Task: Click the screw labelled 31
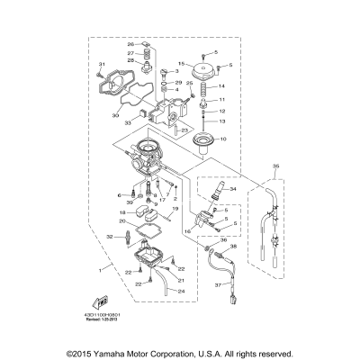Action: pos(102,75)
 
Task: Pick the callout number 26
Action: pos(130,44)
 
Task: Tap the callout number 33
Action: pos(130,123)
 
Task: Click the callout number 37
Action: pos(215,285)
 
